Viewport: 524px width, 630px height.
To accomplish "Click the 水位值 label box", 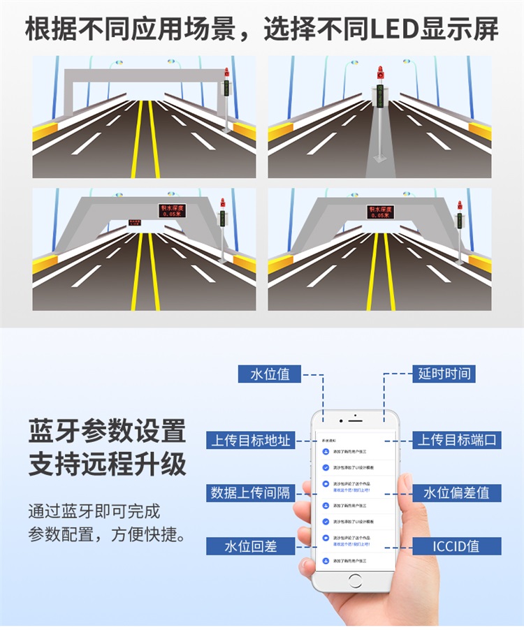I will point(269,374).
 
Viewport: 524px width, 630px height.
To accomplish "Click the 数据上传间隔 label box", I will point(250,492).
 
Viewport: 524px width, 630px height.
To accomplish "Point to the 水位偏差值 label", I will point(456,492).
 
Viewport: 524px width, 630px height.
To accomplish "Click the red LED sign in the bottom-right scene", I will point(380,212).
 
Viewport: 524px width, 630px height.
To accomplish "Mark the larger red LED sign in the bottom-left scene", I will point(171,210).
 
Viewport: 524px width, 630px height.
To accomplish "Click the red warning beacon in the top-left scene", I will point(226,73).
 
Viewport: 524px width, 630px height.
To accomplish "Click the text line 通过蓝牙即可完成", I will point(94,511).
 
